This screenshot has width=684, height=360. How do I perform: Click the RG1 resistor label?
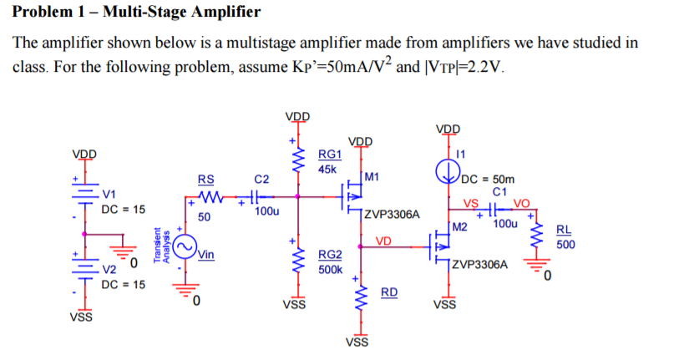[x=331, y=155]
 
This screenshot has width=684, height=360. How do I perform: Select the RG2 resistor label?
[x=331, y=256]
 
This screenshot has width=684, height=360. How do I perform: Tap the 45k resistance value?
[x=328, y=169]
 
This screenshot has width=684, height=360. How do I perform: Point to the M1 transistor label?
[x=372, y=176]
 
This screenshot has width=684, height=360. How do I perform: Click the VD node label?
[x=383, y=241]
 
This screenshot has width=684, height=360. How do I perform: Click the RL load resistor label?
[x=565, y=231]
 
